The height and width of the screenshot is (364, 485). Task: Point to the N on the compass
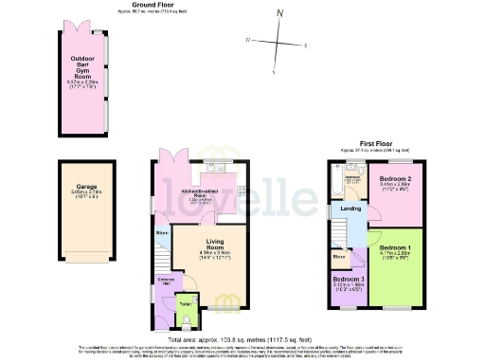point(279,13)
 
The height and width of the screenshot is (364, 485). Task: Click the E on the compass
point(305,45)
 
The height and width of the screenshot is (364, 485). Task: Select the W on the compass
point(247,41)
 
